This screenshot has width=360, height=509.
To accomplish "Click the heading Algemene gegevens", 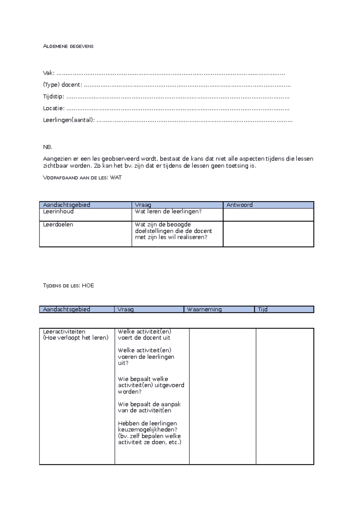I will tap(68, 46).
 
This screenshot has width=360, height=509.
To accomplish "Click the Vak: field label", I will tap(49, 73).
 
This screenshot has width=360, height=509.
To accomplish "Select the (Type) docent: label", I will tap(62, 85).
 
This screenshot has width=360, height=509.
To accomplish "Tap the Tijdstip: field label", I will tap(53, 97).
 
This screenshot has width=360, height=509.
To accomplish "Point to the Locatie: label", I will tap(53, 108).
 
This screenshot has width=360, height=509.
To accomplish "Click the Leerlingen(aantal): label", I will tap(69, 120).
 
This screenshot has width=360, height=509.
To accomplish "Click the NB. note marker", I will tap(47, 147).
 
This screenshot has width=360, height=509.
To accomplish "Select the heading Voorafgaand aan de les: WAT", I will tap(82, 178).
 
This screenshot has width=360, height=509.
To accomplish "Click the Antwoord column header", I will tap(239, 205).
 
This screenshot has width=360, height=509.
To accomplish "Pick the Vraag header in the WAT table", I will tap(143, 205).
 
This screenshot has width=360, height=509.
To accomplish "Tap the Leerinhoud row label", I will tap(58, 212).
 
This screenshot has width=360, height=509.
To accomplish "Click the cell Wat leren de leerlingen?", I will tap(168, 212).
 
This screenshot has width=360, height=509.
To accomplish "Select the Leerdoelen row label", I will tap(58, 225).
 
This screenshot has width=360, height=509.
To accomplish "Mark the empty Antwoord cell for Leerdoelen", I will tap(268, 234).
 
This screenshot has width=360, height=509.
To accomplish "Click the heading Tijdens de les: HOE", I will tap(68, 286).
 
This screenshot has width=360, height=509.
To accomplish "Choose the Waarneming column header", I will tap(204, 309).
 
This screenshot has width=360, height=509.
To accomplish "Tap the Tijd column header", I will tap(262, 309).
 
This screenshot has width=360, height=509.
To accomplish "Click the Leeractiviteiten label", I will tap(64, 332).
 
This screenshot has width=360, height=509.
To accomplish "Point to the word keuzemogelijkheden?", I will tap(148, 430).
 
